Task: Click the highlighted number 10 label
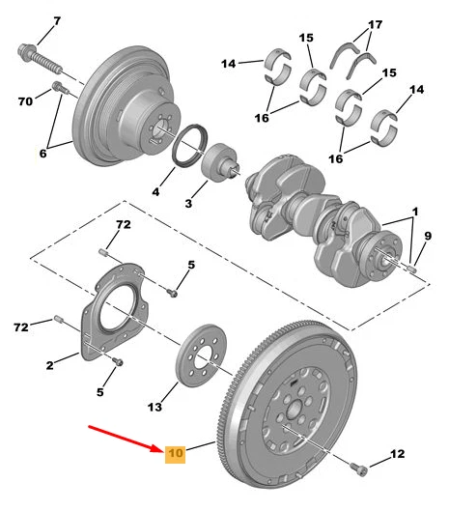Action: click(x=175, y=453)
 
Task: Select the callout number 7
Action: click(x=55, y=20)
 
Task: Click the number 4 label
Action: click(x=155, y=191)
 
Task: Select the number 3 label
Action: click(x=189, y=204)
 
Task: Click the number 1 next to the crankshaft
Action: click(x=415, y=212)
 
